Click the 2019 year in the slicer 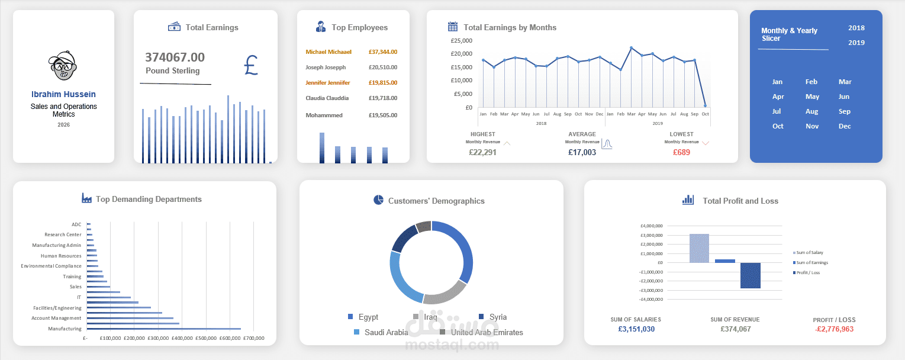(856, 43)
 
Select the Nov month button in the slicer (811, 126)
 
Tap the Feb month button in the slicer (811, 82)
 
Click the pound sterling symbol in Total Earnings (250, 65)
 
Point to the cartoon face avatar (63, 66)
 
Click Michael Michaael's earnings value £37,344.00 (382, 52)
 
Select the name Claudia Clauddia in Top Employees (327, 98)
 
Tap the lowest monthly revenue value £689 (681, 153)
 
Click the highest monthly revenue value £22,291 (482, 153)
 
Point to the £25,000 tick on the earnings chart (461, 41)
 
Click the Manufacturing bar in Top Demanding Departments (163, 329)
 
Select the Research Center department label (63, 235)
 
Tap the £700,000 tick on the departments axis (254, 338)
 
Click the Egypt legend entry (367, 317)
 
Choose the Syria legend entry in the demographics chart (497, 317)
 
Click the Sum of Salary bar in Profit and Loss (699, 248)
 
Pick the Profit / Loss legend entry (808, 273)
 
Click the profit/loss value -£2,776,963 (833, 329)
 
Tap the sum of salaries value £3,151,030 (636, 329)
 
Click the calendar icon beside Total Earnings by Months (453, 27)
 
